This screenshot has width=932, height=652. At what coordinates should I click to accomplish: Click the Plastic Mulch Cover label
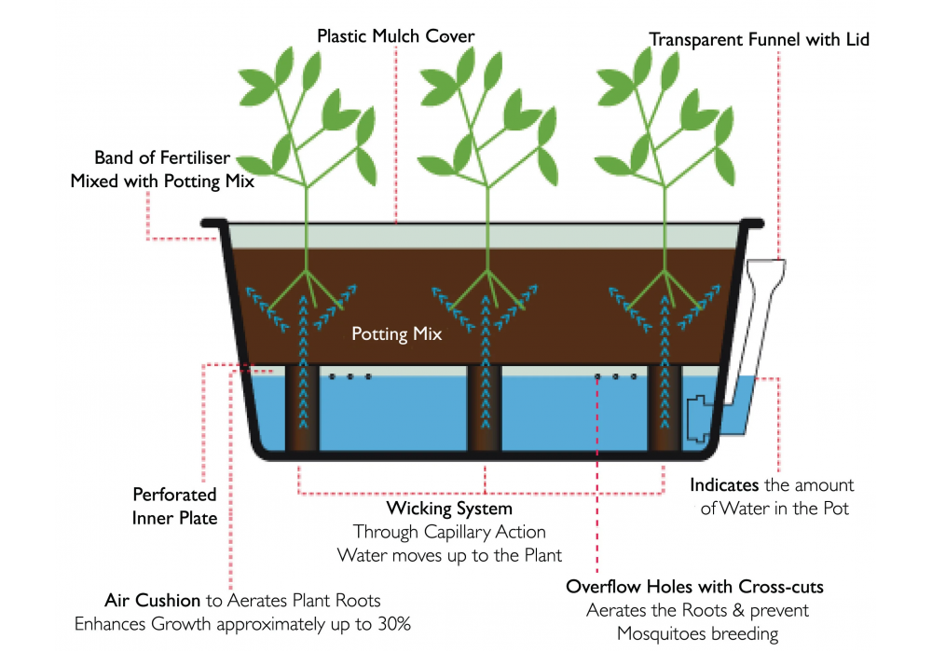point(396,36)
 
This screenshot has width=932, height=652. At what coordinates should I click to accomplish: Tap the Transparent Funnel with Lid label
point(759,39)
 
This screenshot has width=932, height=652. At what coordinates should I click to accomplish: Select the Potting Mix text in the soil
point(396,333)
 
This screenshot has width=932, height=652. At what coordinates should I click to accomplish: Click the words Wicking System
point(449,509)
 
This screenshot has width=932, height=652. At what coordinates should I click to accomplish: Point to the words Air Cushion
point(153,601)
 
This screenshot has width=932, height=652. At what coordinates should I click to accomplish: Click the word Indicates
point(724,485)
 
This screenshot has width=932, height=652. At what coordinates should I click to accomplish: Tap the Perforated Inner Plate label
point(174,506)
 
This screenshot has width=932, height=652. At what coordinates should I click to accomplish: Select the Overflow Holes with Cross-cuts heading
point(694,587)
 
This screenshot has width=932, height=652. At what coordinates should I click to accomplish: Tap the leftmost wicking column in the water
point(302,410)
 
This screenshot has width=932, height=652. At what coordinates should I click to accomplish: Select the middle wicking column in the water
point(485,410)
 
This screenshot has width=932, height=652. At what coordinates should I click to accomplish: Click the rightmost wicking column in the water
point(666,410)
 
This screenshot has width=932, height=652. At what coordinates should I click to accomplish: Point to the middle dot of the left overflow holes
point(350,377)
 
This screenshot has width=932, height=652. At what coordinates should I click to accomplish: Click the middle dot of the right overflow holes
point(615,377)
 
